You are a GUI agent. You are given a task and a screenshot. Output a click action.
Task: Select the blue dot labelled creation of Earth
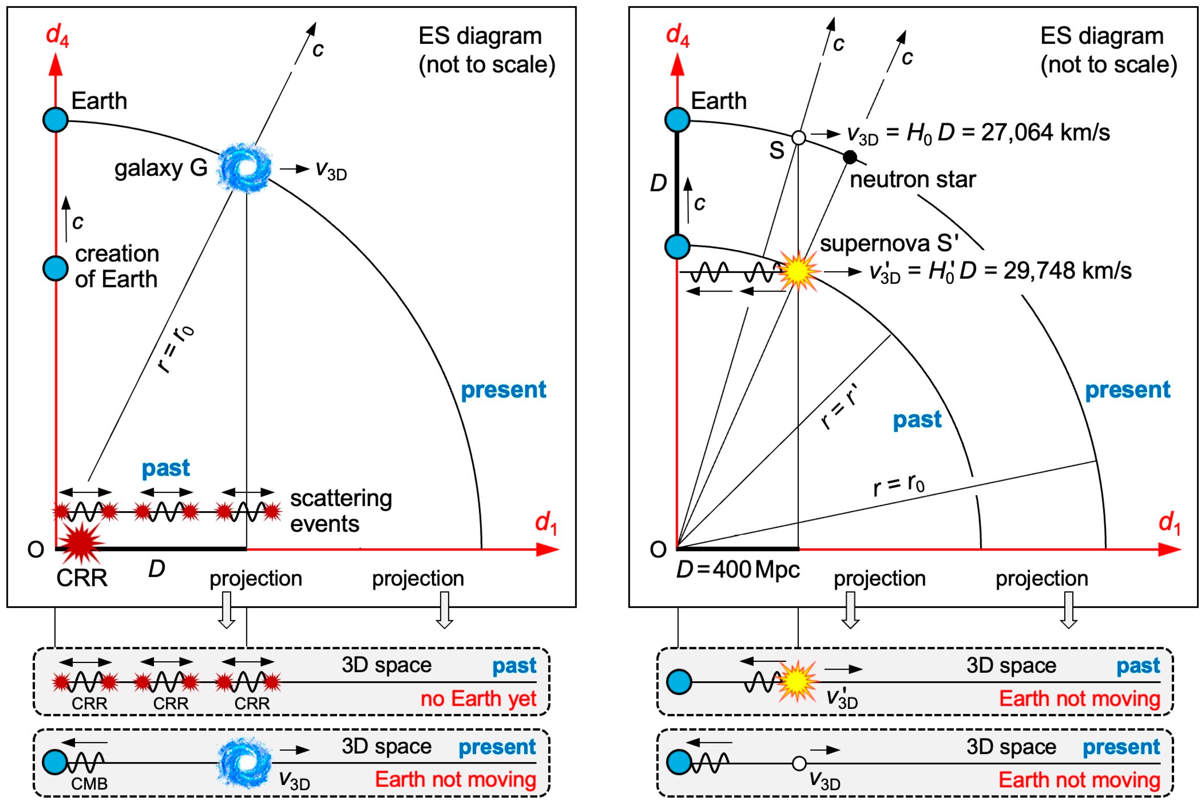pyautogui.click(x=56, y=268)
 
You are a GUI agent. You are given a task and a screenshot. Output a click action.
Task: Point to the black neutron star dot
pyautogui.click(x=850, y=157)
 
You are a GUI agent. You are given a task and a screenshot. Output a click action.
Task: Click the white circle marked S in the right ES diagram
pyautogui.click(x=798, y=137)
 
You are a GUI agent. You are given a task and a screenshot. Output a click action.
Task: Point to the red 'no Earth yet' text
pyautogui.click(x=478, y=698)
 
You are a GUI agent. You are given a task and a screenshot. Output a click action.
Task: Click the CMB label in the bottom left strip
pyautogui.click(x=89, y=783)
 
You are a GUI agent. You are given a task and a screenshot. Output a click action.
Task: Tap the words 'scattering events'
pyautogui.click(x=341, y=511)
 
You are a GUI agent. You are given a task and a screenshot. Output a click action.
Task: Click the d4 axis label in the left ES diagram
pyautogui.click(x=57, y=35)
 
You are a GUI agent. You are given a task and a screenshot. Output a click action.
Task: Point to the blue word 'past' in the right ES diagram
pyautogui.click(x=917, y=419)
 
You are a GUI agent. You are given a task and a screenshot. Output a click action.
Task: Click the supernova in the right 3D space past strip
pyautogui.click(x=797, y=681)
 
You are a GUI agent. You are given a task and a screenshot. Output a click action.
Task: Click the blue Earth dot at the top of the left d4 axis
pyautogui.click(x=56, y=120)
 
